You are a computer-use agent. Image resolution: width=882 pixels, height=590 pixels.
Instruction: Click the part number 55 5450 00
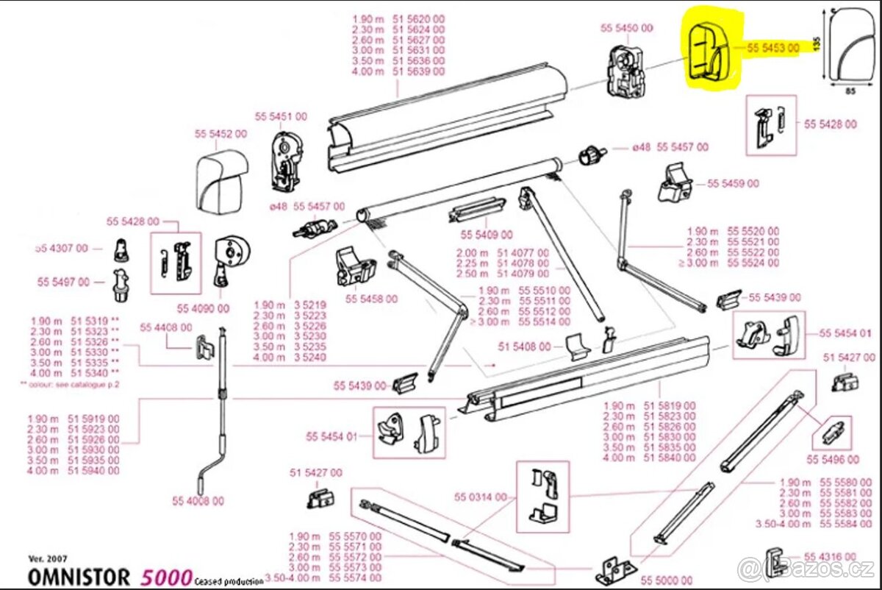coord(626,28)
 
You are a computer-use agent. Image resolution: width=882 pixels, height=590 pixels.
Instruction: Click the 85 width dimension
coord(850,92)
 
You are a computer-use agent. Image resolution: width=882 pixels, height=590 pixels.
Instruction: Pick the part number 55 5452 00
coord(220,134)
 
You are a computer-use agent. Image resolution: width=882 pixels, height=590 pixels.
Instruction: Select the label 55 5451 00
coord(281,117)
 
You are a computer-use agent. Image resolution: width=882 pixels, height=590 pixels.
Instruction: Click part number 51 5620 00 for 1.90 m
coord(419,18)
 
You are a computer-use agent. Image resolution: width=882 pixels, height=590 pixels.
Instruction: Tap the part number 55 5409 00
coord(486,235)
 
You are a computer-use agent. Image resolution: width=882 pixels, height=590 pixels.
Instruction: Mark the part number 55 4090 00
coord(203,308)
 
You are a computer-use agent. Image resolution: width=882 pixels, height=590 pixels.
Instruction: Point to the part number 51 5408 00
coord(524,346)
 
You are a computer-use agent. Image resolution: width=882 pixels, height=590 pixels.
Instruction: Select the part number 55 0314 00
coord(481,497)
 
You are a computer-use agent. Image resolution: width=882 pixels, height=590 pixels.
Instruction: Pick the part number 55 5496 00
coord(833,459)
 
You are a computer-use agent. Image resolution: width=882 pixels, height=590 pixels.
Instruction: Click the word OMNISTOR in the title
coord(79,577)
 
